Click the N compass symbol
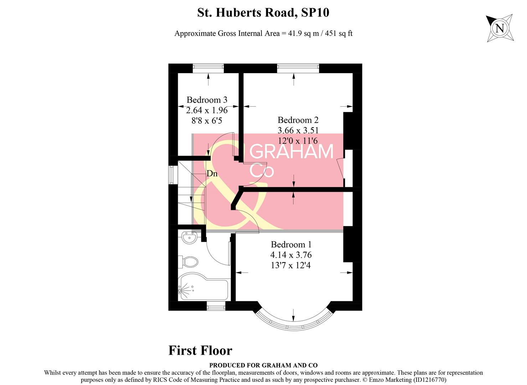point(500,28)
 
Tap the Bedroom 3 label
point(207,100)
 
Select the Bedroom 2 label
point(298,120)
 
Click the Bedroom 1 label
point(291,245)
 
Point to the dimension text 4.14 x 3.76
point(291,255)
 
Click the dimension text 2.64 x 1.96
point(207,110)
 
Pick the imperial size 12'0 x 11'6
point(298,141)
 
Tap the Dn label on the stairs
point(212,174)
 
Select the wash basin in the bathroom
point(189,237)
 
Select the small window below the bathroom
point(216,306)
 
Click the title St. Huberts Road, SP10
point(263,13)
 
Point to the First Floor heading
point(200,350)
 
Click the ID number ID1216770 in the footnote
point(429,380)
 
